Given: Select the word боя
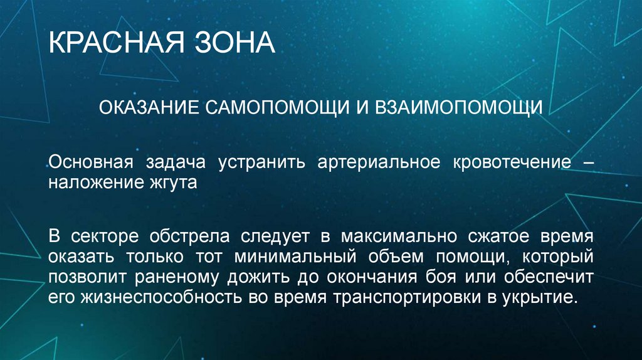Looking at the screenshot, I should coord(448,277).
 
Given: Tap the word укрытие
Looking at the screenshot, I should coord(540,296).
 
